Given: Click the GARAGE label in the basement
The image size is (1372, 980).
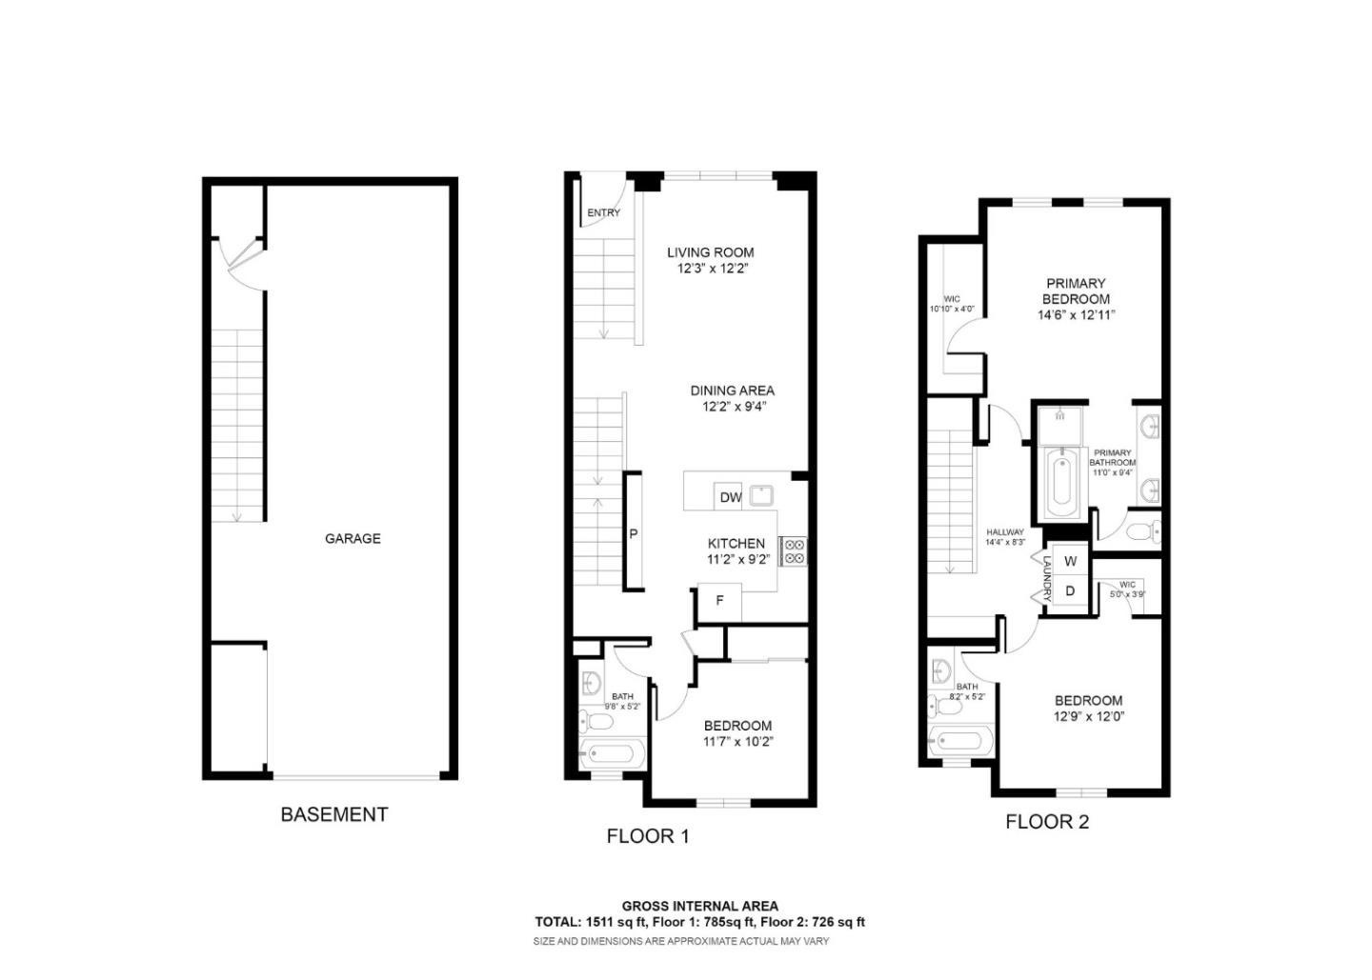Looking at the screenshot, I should pos(353,538).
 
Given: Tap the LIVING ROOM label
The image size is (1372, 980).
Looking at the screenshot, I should pos(710,252).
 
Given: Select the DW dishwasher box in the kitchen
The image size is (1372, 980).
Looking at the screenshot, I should pos(730,497).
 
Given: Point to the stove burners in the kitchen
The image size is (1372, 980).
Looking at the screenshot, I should pos(793,552).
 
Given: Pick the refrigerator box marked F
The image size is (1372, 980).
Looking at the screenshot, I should pos(720,601).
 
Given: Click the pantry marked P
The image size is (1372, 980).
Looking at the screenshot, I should pos(633,534).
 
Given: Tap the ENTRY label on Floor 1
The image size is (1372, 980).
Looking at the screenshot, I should pos(603,213).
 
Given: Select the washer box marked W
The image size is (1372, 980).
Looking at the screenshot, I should pos(1070,562).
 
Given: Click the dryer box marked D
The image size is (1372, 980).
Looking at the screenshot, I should pos(1070,591).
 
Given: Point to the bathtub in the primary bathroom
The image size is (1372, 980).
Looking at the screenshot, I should pos(1059,482).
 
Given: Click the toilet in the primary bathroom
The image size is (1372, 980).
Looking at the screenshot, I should pos(1142,530).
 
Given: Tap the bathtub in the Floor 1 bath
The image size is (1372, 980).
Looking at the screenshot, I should pos(611,754).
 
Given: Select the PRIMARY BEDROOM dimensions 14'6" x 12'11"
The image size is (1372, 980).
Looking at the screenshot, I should pos(1076,315).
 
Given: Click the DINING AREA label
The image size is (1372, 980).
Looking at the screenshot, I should pos(732,390).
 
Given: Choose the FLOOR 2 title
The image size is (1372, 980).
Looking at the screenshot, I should pos(1046,822).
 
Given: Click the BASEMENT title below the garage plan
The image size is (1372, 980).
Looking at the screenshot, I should pos(333,814).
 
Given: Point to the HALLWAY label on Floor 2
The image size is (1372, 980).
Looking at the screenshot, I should pos(1004,532).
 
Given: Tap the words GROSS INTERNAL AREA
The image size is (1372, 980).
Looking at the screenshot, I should pos(699,906).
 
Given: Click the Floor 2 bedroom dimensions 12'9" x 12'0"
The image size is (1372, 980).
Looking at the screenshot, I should pos(1088,717).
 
